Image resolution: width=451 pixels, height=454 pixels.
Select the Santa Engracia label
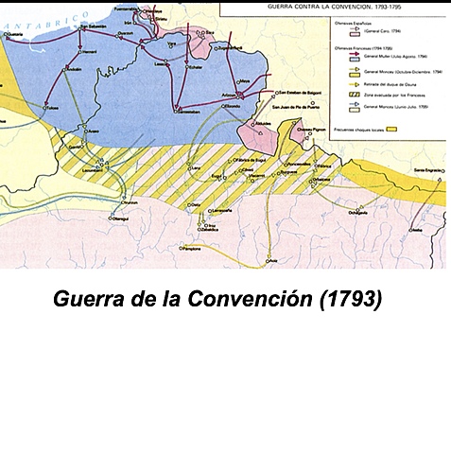click(x=426, y=169)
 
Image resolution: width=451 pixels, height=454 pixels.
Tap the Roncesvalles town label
click(x=297, y=164)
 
